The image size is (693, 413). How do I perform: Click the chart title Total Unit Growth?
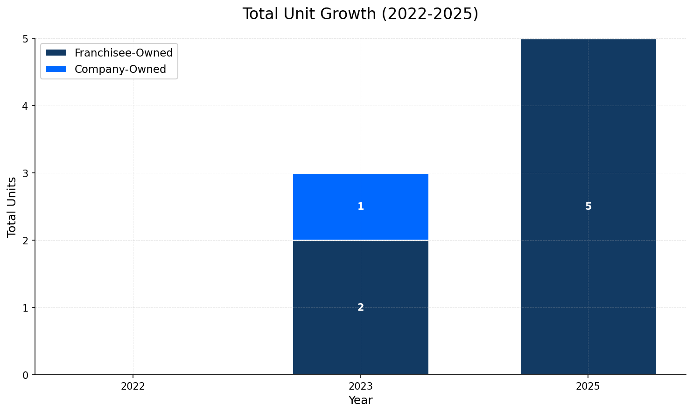click(x=360, y=14)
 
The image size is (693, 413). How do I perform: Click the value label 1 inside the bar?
click(x=361, y=206)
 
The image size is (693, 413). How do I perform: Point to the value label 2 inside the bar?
click(x=361, y=307)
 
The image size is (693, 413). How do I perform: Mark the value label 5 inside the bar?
click(x=588, y=206)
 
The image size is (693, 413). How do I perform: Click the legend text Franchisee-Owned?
click(x=124, y=53)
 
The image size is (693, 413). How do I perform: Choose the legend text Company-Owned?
click(x=120, y=69)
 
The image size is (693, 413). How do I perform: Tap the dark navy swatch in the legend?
click(x=56, y=53)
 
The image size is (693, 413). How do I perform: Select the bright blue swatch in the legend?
click(x=56, y=69)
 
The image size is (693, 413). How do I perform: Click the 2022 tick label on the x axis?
click(x=133, y=386)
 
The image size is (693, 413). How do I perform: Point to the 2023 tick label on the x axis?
click(x=361, y=386)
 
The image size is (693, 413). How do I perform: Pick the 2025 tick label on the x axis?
click(x=588, y=386)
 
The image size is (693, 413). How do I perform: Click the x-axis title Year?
click(x=360, y=400)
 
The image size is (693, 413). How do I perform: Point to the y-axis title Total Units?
click(x=12, y=206)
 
